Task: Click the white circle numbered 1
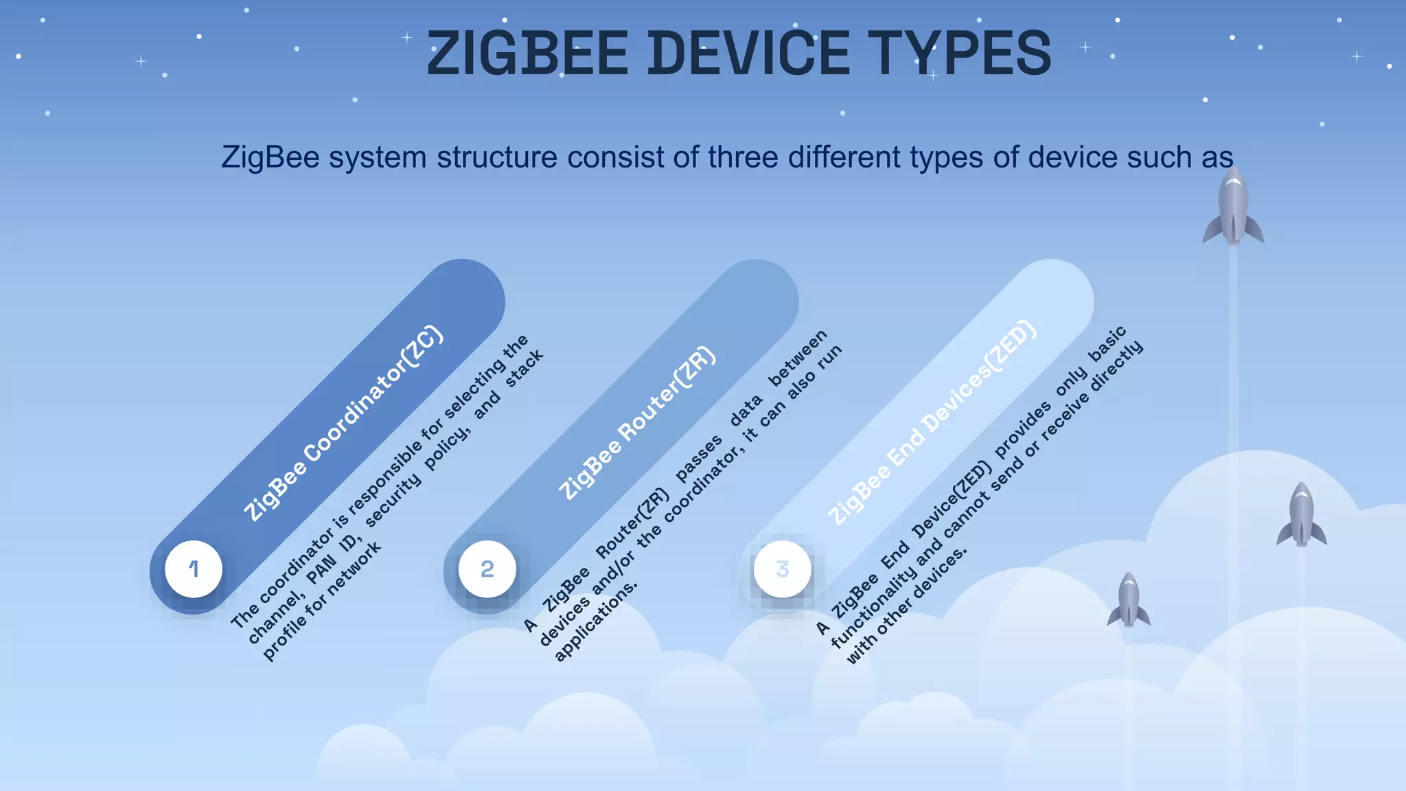[x=194, y=569]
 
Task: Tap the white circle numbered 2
[x=487, y=569]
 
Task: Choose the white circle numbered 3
[x=782, y=569]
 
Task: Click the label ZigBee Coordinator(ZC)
[x=344, y=423]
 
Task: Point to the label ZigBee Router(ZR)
[x=637, y=423]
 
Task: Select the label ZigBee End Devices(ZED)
[x=932, y=423]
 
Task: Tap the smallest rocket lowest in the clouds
[x=1129, y=600]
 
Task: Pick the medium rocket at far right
[x=1302, y=515]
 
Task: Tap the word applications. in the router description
[x=596, y=621]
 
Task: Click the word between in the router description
[x=798, y=358]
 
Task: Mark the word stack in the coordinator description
[x=525, y=368]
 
